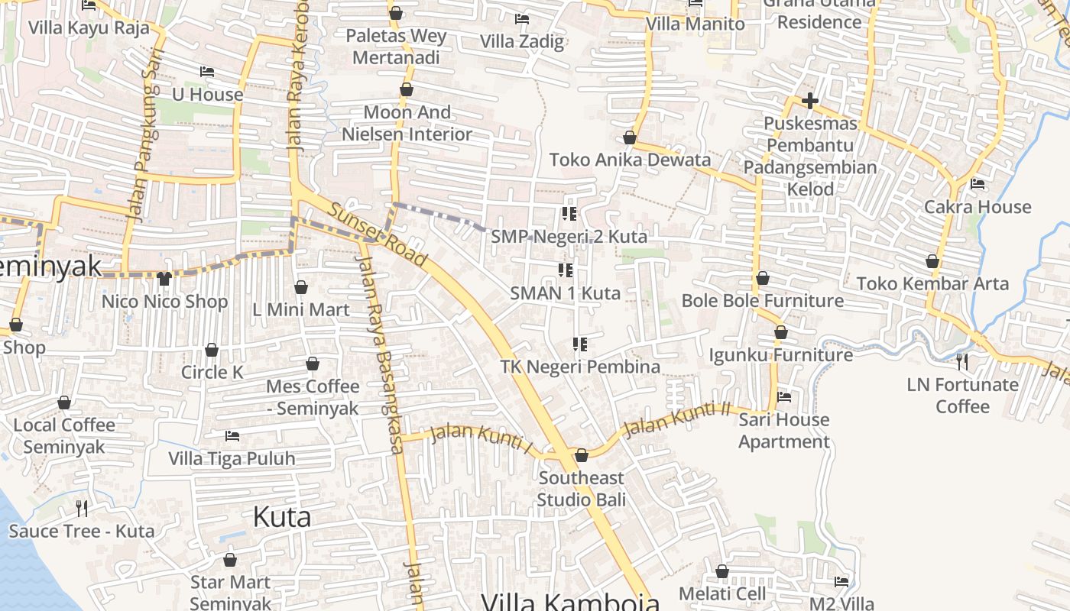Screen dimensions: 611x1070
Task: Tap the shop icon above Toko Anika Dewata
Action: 630,137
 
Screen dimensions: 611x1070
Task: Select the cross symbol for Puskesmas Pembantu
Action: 810,100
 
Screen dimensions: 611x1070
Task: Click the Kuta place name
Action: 282,517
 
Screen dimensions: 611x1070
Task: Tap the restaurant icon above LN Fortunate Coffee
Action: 962,360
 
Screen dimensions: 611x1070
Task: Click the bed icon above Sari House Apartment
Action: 784,396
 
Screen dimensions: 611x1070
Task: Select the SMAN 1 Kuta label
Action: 565,293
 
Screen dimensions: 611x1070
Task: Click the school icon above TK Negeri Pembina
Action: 580,344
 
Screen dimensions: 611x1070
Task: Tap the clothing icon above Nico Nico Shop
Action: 164,278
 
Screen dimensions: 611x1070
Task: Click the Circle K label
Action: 212,372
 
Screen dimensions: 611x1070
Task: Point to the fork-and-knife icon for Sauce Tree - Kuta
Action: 82,508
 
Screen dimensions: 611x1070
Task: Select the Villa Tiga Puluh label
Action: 232,458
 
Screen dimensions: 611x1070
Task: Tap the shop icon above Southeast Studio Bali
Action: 582,455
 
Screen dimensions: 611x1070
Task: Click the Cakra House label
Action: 978,207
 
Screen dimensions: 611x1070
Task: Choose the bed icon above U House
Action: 207,72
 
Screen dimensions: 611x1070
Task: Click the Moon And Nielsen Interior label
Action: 407,123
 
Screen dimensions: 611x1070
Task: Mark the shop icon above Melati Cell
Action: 722,571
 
